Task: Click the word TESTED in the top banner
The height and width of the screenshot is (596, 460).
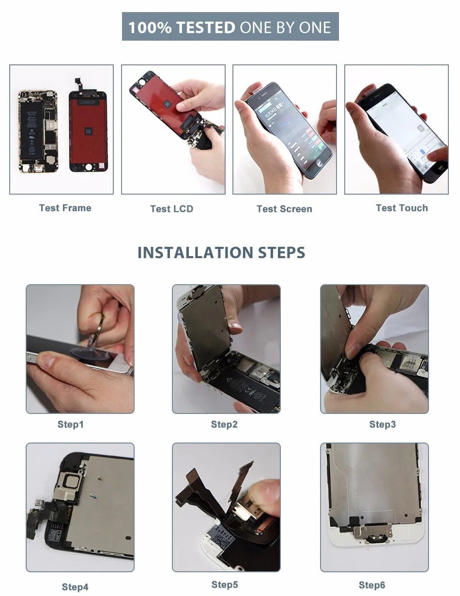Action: click(x=205, y=28)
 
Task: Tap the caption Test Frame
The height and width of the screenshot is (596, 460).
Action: click(x=65, y=208)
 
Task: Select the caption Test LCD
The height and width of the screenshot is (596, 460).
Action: click(x=172, y=209)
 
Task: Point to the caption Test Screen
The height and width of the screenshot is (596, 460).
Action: click(x=284, y=209)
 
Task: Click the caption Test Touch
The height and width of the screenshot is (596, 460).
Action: click(x=402, y=208)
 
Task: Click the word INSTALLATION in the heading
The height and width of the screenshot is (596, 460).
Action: click(x=195, y=252)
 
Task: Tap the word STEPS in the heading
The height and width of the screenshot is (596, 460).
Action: click(x=281, y=252)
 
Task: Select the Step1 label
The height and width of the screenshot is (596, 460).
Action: click(x=71, y=424)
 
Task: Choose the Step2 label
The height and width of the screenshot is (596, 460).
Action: click(x=224, y=424)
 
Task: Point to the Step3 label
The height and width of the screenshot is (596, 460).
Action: click(x=383, y=424)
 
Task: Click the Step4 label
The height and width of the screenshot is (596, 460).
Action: click(x=75, y=587)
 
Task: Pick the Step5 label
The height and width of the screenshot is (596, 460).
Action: click(x=225, y=584)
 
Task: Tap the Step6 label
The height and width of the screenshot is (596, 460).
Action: click(x=372, y=585)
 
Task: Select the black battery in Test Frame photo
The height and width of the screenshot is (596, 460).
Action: click(x=32, y=129)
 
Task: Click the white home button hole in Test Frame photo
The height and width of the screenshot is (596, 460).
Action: click(x=89, y=167)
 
